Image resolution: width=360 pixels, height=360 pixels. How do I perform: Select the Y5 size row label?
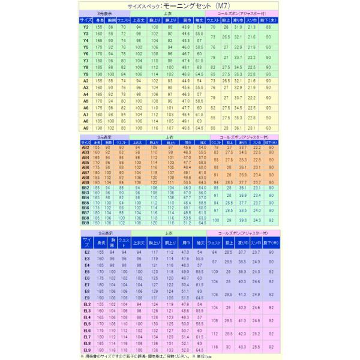(86, 47)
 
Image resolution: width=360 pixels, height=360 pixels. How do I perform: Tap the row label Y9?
(86, 74)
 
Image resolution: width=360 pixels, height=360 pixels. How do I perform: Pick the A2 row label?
(86, 80)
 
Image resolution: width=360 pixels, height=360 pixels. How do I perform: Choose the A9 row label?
(86, 128)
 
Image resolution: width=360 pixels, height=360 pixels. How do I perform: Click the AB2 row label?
(85, 147)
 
